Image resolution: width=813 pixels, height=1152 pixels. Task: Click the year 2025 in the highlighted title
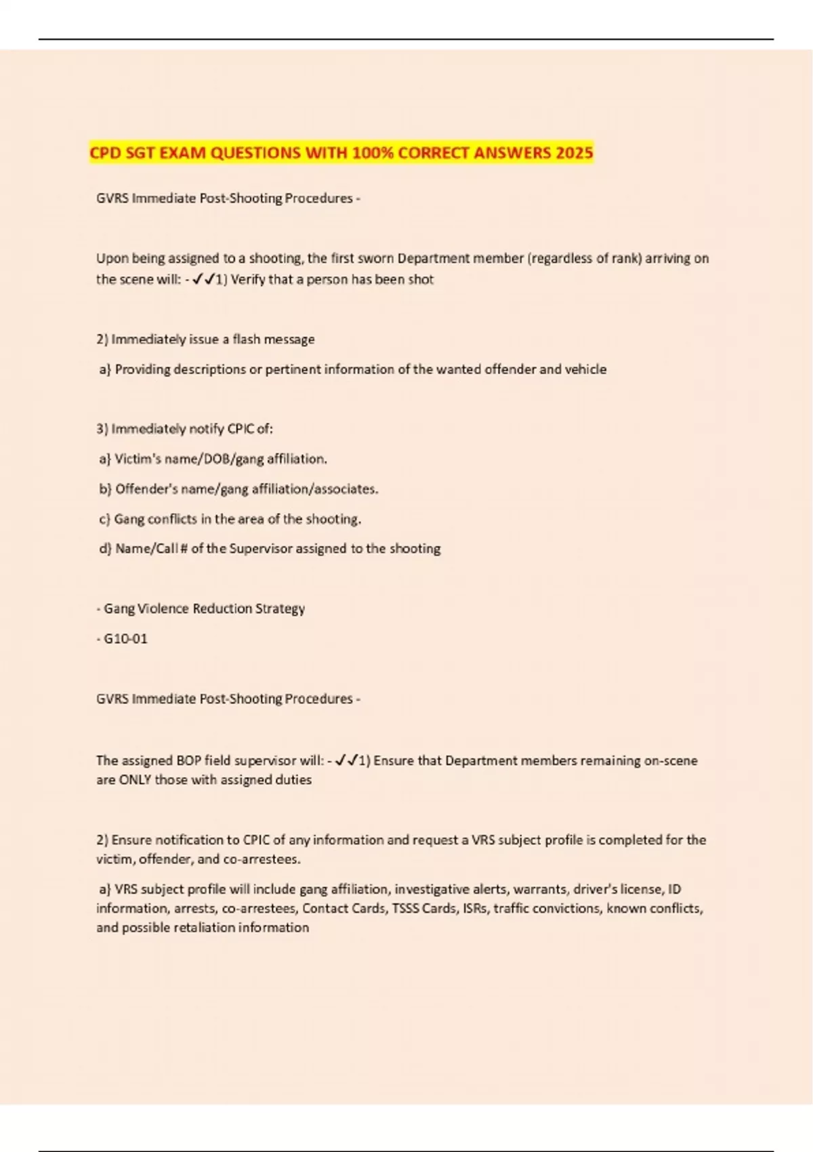574,152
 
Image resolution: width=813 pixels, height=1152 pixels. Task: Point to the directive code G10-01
125,638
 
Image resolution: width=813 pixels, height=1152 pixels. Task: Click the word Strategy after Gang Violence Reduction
280,609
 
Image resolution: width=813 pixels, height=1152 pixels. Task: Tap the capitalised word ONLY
135,780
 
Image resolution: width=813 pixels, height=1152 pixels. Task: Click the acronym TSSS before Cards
406,908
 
